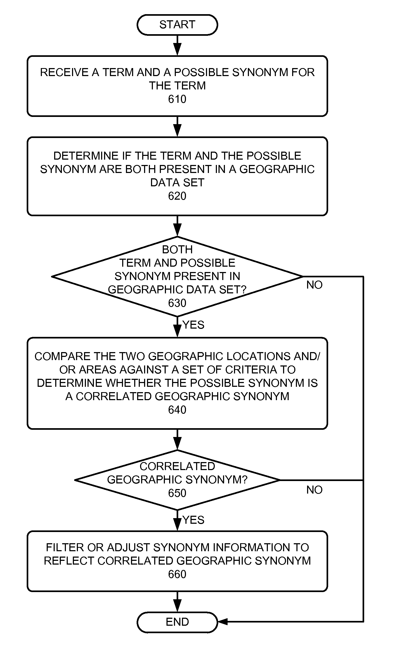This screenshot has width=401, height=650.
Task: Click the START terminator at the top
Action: (177, 25)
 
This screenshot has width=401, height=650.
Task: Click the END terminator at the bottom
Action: (177, 622)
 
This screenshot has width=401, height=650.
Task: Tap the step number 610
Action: (177, 99)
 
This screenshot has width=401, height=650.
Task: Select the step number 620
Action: (177, 196)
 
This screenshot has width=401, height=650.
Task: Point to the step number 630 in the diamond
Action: (177, 303)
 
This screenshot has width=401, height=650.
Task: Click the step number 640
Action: (177, 410)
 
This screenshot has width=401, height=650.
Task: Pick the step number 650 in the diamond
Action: (177, 493)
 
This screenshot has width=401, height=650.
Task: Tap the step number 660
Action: (177, 574)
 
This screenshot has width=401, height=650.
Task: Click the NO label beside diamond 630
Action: (314, 285)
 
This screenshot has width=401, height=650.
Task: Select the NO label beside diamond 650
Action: (314, 490)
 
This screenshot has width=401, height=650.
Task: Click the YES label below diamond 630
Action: (193, 325)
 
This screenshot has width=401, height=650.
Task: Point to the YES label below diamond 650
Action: (193, 520)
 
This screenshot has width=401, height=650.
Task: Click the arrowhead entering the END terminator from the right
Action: (223, 622)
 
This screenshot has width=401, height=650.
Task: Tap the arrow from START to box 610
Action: (177, 45)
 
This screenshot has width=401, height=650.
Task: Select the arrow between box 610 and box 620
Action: (177, 127)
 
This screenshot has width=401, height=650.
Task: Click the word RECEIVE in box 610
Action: (64, 72)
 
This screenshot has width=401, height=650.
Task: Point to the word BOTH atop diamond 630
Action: (177, 250)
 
